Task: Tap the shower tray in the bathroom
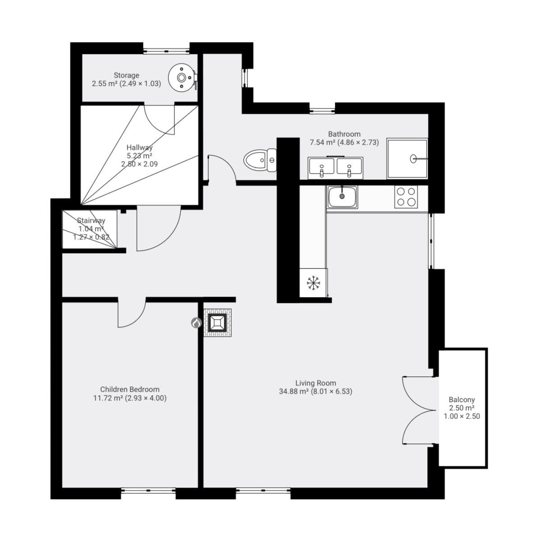coord(407,158)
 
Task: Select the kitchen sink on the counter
coord(342,197)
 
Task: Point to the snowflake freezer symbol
coord(313,283)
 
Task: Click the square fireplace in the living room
coord(217,323)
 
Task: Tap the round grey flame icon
coord(196,323)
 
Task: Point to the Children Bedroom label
coord(129,389)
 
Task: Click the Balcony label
coord(461,399)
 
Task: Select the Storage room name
coord(126,75)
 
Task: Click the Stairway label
coord(91,220)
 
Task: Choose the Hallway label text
coord(139,147)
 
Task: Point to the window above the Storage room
coord(166,50)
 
